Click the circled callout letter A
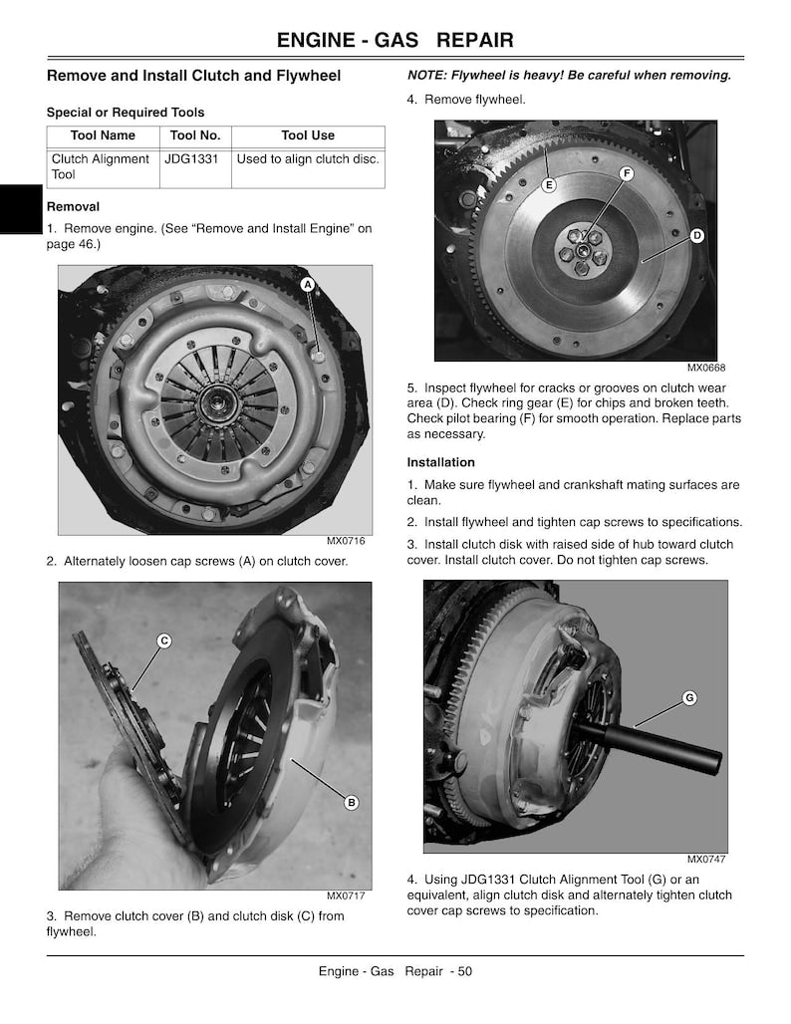[308, 285]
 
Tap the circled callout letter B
[352, 803]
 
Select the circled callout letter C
[164, 641]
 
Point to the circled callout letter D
[697, 236]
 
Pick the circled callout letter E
[549, 185]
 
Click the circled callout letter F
[627, 173]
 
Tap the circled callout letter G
[689, 698]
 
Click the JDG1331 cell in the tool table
[190, 158]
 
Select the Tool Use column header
[308, 135]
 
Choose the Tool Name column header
[103, 135]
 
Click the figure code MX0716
[346, 541]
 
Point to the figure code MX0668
[706, 368]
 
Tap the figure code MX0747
[706, 860]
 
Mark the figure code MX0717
[346, 896]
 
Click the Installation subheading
[441, 462]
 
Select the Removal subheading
[73, 207]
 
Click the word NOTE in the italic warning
[425, 75]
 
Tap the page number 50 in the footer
[464, 971]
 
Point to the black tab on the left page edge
[21, 209]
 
